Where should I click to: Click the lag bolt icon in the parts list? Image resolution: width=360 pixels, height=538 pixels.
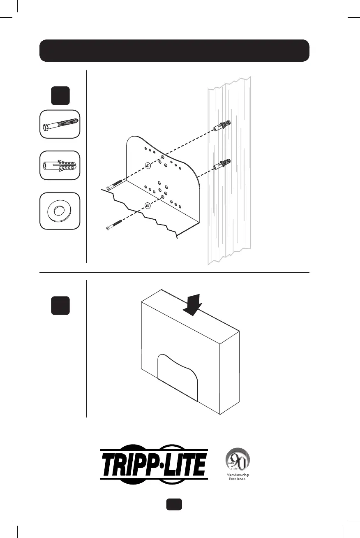point(60,124)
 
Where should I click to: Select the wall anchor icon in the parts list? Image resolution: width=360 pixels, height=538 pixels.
point(60,165)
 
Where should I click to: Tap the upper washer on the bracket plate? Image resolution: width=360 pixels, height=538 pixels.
point(148,165)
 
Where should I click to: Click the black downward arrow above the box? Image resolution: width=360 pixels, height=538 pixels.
point(192,305)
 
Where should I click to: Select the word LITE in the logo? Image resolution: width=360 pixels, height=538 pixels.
point(185,464)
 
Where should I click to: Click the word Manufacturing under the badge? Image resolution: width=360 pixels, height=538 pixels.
point(238,475)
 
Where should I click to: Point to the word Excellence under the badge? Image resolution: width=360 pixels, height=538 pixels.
point(238,479)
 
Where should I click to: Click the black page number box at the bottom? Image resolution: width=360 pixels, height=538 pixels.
point(174,505)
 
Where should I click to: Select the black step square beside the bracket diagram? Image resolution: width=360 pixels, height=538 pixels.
point(60,96)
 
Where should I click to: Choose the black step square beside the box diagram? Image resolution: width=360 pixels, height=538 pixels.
point(60,305)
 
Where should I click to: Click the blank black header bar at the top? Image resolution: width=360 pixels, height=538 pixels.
point(174,51)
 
